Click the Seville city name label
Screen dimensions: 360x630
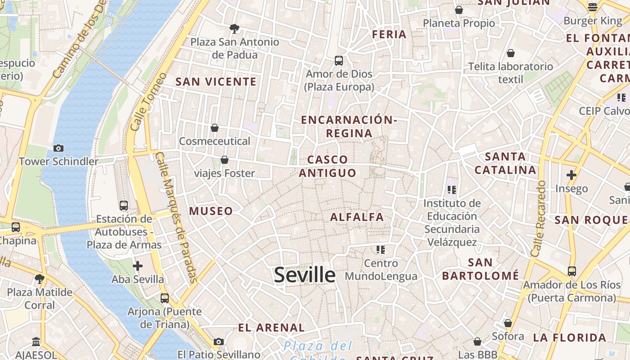305,275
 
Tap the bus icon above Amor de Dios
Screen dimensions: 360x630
339,60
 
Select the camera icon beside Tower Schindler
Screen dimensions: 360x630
58,148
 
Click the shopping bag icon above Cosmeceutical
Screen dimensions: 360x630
215,128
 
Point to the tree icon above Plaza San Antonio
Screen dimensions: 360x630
234,29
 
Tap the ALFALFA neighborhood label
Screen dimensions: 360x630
357,217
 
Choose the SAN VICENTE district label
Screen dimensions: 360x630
216,81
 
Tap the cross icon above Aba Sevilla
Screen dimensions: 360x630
138,266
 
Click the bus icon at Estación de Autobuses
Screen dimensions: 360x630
124,206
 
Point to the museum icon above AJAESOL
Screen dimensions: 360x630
36,342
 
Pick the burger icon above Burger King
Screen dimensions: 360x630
592,7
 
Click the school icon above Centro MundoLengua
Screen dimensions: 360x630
381,249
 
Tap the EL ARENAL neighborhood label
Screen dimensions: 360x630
271,328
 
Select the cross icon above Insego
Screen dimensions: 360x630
571,175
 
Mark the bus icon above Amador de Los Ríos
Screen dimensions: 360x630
571,271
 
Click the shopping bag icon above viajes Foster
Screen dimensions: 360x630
224,160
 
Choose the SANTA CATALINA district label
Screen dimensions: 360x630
505,163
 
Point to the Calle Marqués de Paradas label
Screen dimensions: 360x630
176,217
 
